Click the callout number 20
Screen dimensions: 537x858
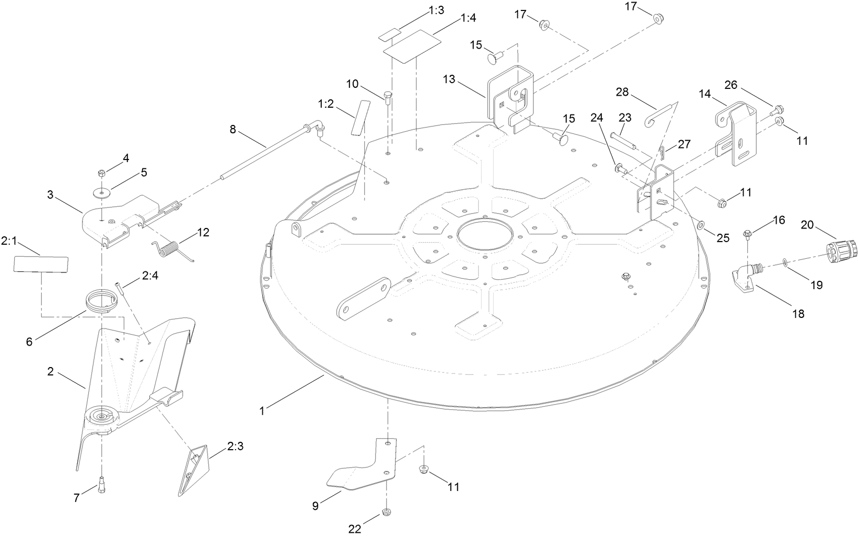pos(807,225)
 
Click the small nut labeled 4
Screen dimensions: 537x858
pos(102,173)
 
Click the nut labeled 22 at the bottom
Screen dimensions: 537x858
pos(387,511)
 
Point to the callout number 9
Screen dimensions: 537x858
pos(315,506)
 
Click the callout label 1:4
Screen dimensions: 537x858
pos(468,18)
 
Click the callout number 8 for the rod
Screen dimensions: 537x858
pos(233,129)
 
